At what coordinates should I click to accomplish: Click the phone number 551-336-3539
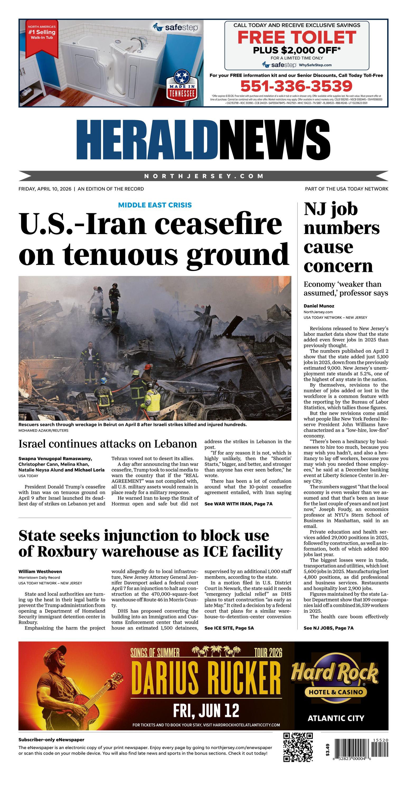(296, 86)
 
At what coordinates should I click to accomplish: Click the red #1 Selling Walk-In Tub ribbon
(41, 37)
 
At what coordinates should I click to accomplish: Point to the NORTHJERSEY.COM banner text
(204, 176)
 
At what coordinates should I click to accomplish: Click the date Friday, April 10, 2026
(45, 189)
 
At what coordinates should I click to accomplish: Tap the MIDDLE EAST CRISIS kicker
(155, 205)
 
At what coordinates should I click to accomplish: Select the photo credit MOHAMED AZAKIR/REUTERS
(43, 431)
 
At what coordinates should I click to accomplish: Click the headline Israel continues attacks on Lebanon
(107, 444)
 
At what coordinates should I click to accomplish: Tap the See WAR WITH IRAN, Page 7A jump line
(238, 504)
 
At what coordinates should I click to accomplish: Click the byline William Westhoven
(40, 571)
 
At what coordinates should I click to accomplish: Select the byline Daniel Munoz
(319, 306)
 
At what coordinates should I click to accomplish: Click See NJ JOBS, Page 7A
(329, 628)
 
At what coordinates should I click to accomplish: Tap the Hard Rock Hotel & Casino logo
(335, 683)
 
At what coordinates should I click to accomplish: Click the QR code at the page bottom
(298, 747)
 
